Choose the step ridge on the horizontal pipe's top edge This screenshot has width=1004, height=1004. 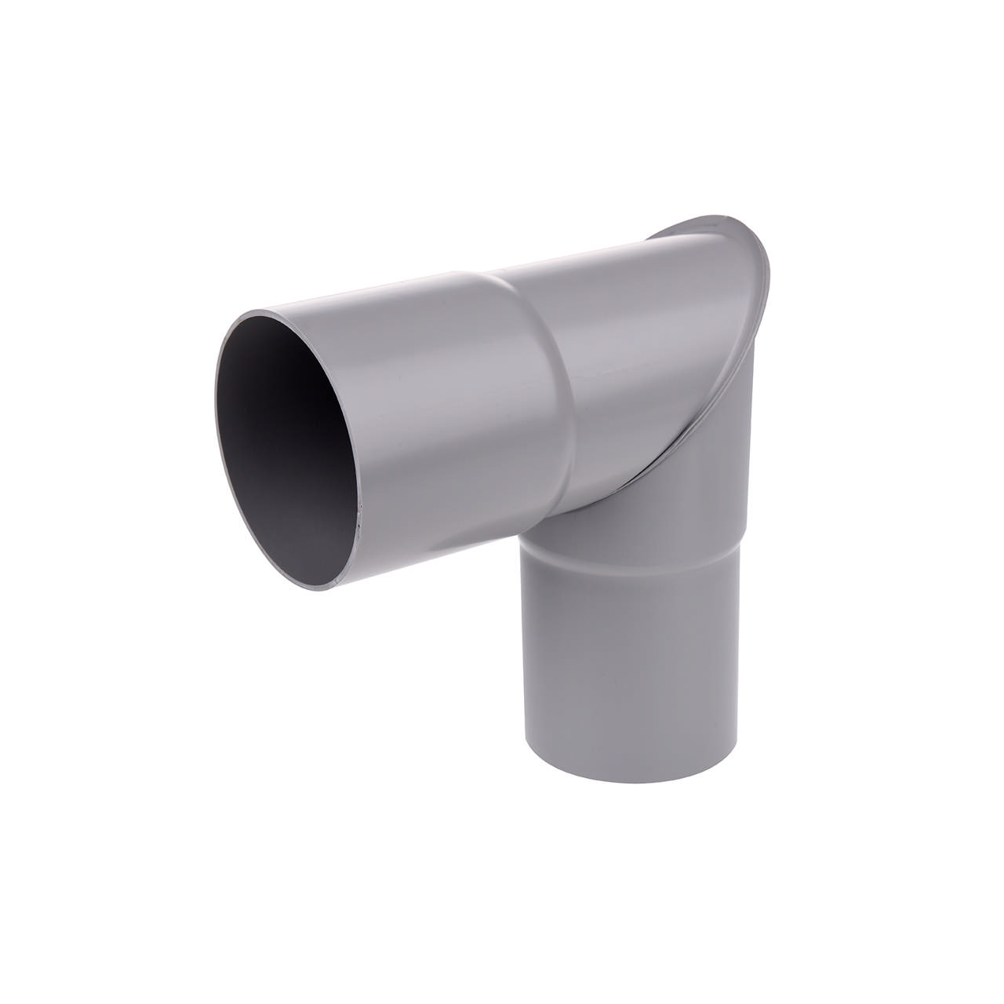point(471,273)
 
